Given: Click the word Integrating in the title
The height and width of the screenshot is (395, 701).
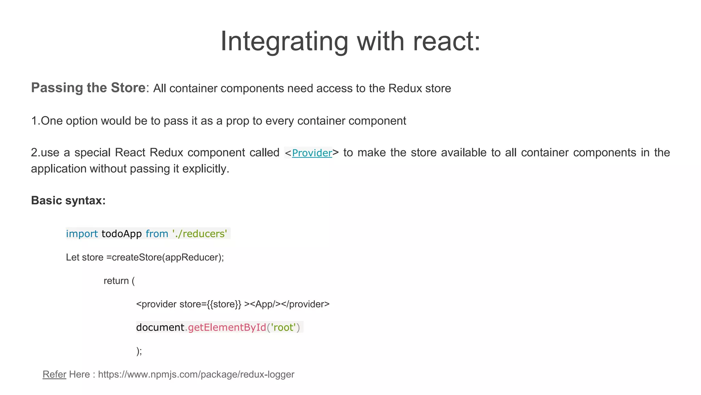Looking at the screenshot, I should pos(284,41).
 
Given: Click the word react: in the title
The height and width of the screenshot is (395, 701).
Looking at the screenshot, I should pos(446,41).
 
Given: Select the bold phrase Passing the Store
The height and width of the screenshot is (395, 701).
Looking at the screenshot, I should pos(88,88).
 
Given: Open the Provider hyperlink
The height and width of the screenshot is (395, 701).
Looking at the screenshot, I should pos(312,153).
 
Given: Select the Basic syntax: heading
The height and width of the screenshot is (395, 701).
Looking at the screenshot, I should pos(68,201).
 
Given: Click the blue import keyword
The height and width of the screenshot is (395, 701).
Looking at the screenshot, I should pos(82,234).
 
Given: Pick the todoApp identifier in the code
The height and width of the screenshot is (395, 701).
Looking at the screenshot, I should pos(122,234).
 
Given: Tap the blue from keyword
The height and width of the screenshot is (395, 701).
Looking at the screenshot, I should pos(157,234).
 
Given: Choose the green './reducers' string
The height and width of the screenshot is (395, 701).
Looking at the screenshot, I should pos(200,234).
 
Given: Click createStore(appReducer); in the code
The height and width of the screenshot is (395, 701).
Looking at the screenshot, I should pos(168,258).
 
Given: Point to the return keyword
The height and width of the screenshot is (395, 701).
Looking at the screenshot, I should pos(116,281).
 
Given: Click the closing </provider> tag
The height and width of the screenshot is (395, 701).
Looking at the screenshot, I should pos(305,304).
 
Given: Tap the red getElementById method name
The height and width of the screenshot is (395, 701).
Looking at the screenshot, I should pos(227,327).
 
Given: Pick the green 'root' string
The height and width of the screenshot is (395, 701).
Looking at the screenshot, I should pos(283,327).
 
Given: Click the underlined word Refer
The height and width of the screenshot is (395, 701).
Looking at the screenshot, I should pos(54,374).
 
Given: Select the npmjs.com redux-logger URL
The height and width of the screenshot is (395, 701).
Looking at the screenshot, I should pos(196,374).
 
